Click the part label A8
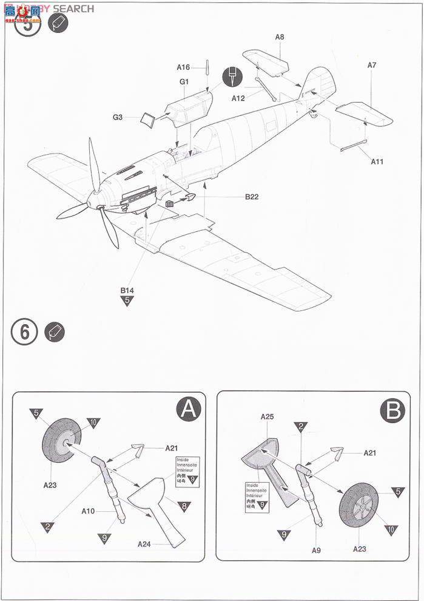click(x=279, y=37)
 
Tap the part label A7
click(x=372, y=66)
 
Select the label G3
click(x=118, y=117)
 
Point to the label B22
click(x=252, y=196)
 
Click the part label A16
click(x=183, y=67)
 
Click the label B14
click(x=126, y=290)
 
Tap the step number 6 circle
click(x=25, y=332)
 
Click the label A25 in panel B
click(x=268, y=417)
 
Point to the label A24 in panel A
click(x=144, y=543)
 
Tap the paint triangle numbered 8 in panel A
click(x=181, y=505)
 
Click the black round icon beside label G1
click(x=232, y=76)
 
